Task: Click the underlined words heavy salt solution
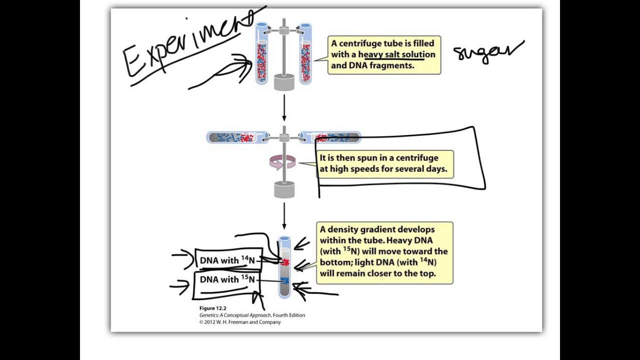coord(396,54)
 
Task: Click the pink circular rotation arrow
coord(282,162)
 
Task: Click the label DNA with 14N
coord(227,260)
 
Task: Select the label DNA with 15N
coord(227,279)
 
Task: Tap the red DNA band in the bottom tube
coord(285,262)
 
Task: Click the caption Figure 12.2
coord(212,308)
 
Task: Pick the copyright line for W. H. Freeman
coord(240,322)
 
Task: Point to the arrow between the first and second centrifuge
coord(284,107)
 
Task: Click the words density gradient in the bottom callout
coord(362,229)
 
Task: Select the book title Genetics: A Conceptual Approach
coord(235,315)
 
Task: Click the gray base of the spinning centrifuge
coord(284,189)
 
